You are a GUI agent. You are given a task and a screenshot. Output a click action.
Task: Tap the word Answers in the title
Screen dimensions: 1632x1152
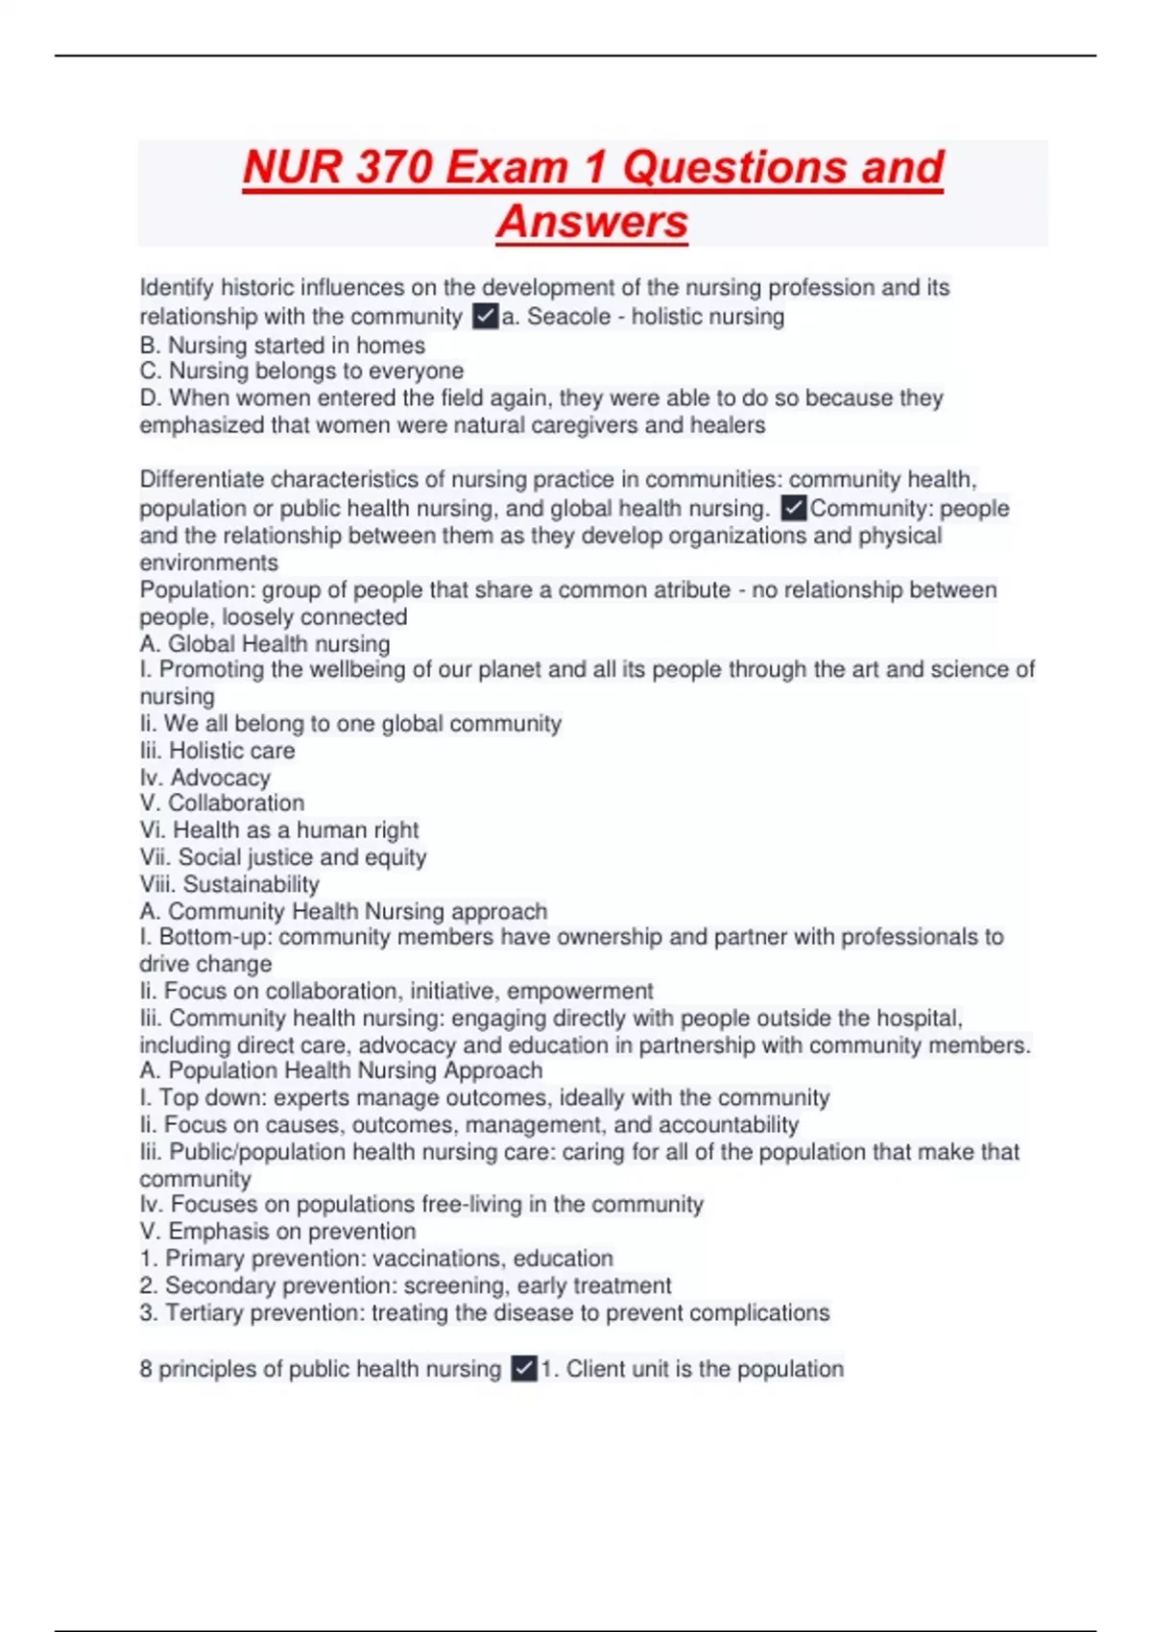pos(592,222)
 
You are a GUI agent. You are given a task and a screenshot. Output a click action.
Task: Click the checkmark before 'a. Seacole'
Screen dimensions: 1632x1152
pos(486,317)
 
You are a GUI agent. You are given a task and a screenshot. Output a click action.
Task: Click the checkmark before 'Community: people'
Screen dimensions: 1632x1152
pos(794,508)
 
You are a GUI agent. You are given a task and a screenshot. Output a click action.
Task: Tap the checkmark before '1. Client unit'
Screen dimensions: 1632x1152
pos(524,1369)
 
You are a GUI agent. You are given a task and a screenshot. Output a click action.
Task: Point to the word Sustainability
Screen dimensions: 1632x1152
pos(252,884)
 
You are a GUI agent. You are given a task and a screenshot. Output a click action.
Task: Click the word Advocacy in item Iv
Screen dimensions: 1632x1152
pos(220,778)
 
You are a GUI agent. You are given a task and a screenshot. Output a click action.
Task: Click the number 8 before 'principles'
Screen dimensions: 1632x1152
pos(146,1369)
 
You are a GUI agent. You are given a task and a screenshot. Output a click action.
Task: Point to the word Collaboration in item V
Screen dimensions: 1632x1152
pos(236,804)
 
